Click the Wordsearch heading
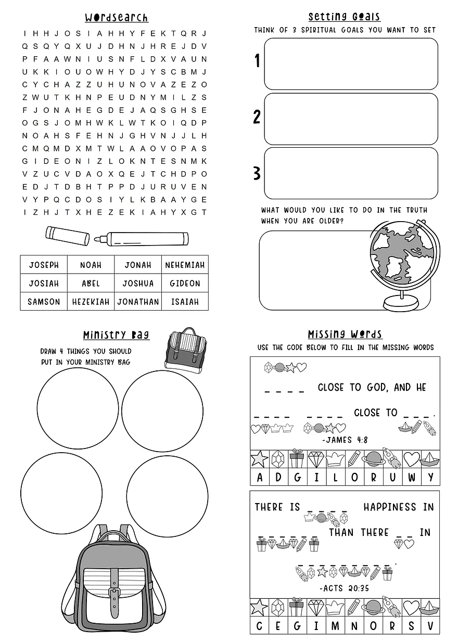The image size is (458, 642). pos(117,18)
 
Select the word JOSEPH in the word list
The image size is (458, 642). pos(44,265)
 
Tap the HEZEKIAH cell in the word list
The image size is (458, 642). pos(91,301)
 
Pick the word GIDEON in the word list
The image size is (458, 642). pos(185,284)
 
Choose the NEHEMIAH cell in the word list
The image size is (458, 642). pos(185,265)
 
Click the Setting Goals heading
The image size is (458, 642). pos(344,17)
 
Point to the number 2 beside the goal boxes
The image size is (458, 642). pos(257,117)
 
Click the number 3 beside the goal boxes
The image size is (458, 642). pos(257,173)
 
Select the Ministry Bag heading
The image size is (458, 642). pos(116,335)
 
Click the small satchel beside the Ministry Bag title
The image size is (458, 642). pos(185,349)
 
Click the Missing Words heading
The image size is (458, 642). pos(345,334)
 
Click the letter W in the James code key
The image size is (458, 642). pos(412,477)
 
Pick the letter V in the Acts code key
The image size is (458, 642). pos(430,626)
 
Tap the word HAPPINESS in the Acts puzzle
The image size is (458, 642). pos(390,507)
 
